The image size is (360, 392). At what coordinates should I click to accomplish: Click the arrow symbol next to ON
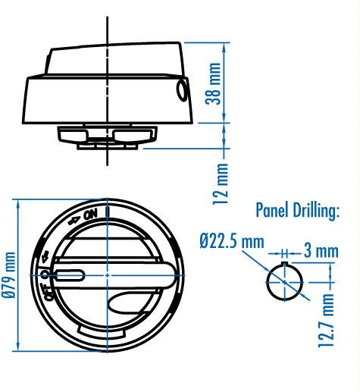click(x=75, y=221)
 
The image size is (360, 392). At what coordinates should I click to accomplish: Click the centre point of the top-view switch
click(x=108, y=274)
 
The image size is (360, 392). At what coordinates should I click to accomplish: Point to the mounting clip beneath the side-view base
click(x=108, y=136)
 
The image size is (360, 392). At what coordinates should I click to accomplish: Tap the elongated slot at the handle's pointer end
click(x=68, y=274)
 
